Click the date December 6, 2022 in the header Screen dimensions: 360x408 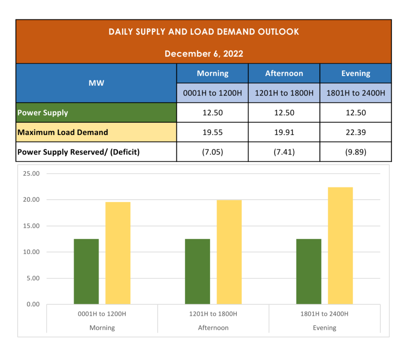tap(204, 54)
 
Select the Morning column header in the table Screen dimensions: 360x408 tap(212, 73)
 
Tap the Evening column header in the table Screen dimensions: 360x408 tap(355, 73)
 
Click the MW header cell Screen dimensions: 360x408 tap(96, 83)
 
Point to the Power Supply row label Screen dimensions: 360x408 tap(43, 113)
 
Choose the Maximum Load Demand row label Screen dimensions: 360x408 tap(63, 132)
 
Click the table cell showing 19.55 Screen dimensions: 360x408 tap(212, 132)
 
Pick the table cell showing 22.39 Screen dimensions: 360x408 tap(355, 132)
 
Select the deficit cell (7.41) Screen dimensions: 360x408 tap(284, 152)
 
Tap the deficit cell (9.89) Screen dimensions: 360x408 tap(355, 152)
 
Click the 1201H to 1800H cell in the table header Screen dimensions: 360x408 tap(284, 93)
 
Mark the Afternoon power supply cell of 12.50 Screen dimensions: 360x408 tap(284, 113)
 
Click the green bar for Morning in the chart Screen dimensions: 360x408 tap(86, 272)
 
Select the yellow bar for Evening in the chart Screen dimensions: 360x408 tap(340, 246)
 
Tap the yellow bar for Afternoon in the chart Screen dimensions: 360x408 tap(229, 252)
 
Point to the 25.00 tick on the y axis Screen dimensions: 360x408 tap(31, 174)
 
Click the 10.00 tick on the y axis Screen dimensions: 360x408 tap(31, 252)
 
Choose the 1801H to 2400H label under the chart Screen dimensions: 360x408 tap(324, 314)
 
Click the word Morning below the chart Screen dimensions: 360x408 tap(102, 328)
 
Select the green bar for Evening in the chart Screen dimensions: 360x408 tap(309, 272)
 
